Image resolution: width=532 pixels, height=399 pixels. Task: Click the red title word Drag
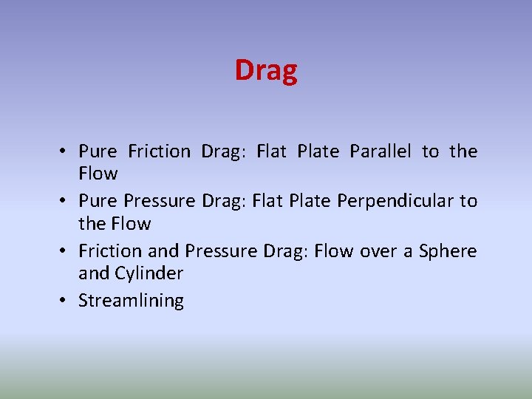click(x=266, y=71)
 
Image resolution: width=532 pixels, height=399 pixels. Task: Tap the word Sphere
click(x=448, y=251)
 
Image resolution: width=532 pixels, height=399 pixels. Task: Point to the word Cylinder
click(x=149, y=273)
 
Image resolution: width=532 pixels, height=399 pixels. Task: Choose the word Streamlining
click(x=131, y=301)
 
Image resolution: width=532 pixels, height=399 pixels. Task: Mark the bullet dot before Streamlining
click(x=65, y=301)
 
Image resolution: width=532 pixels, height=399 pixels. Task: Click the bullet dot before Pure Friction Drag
click(x=65, y=151)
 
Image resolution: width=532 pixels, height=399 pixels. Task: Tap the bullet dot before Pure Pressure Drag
click(x=65, y=201)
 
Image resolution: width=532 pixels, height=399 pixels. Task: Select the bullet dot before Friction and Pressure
click(x=65, y=251)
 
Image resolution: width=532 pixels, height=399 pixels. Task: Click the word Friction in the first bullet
click(x=159, y=151)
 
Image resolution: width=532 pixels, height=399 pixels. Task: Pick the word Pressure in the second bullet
click(x=160, y=201)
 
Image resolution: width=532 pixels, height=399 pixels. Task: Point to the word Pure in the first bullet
click(x=98, y=151)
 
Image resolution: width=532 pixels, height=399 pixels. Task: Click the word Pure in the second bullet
click(x=98, y=201)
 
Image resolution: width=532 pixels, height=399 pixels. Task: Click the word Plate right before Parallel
click(x=318, y=151)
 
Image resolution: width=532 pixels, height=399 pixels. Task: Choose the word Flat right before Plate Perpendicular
click(x=267, y=201)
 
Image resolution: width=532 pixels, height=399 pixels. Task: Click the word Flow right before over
click(x=334, y=251)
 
